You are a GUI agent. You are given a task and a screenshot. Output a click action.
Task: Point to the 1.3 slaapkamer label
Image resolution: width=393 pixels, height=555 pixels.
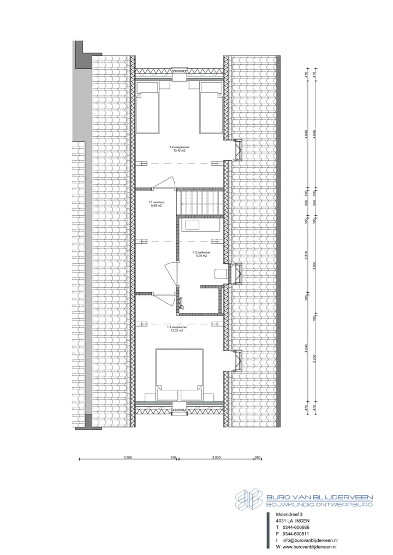click(x=177, y=328)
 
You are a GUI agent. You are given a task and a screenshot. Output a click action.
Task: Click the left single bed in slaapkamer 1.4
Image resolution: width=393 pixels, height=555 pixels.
click(x=146, y=107)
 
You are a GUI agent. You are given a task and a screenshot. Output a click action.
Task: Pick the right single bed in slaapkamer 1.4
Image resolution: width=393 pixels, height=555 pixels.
click(x=211, y=107)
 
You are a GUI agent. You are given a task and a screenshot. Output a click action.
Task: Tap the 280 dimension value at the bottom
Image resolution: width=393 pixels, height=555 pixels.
click(x=258, y=457)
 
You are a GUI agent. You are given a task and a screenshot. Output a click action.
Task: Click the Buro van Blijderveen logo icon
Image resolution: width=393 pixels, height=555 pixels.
click(x=249, y=499)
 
